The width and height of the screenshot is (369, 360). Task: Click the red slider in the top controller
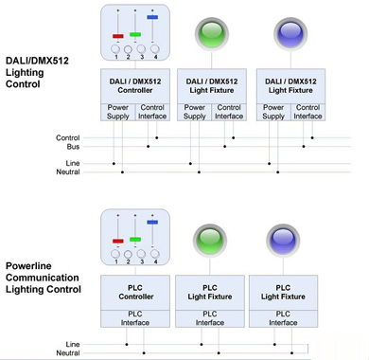118,36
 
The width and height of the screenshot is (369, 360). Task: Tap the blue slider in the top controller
152,17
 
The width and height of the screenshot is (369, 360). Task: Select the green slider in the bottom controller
135,240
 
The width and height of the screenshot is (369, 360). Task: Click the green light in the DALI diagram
211,33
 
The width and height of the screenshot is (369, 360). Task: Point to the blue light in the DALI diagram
290,33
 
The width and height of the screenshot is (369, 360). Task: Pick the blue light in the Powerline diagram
283,240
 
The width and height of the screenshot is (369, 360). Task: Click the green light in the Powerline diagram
210,240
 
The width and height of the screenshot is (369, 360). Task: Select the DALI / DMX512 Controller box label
135,86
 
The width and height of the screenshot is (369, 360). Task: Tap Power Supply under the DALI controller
118,112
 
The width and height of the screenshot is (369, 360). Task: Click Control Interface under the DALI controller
152,112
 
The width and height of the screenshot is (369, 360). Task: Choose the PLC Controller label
136,292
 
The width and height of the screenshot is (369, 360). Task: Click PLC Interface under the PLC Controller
135,318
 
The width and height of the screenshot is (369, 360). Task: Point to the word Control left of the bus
68,138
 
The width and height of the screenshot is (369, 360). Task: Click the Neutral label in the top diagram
68,171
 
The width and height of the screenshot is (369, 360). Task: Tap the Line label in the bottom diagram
73,344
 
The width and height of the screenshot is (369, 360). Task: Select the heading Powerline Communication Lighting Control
44,278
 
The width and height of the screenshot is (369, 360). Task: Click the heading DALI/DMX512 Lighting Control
37,72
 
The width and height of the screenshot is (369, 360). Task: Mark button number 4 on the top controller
155,49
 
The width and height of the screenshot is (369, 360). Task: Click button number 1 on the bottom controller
115,254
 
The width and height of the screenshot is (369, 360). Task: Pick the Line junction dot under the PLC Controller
127,344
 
